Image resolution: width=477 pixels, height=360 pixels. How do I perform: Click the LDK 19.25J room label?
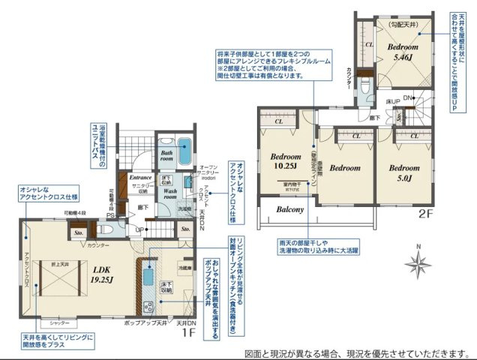click(101, 274)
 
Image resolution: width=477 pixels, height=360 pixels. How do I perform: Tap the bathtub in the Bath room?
click(184, 145)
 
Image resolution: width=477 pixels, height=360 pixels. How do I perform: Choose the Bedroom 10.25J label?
click(284, 162)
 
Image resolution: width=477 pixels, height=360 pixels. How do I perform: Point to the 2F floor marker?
click(424, 214)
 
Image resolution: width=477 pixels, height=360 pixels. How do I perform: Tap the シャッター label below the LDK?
click(49, 322)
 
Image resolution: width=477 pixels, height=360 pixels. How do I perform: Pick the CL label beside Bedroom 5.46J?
click(368, 45)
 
